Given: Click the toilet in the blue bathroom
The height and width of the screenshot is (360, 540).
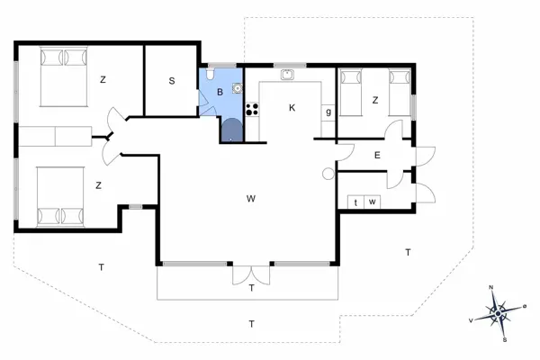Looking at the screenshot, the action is [x=210, y=74].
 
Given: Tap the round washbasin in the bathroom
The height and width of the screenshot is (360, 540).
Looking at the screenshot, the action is [x=237, y=88].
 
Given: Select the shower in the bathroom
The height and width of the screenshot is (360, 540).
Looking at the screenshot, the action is [x=232, y=130].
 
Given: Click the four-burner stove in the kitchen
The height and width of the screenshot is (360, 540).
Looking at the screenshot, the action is [x=252, y=109].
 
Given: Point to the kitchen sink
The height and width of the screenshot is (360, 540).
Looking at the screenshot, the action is [x=287, y=75].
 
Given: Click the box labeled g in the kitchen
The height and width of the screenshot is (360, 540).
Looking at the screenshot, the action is [x=328, y=112].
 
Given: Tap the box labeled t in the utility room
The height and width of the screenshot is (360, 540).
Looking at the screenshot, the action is [x=355, y=202].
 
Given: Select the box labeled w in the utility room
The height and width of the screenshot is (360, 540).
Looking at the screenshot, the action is [x=372, y=202].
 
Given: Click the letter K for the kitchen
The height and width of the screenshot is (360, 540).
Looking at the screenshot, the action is [x=292, y=108].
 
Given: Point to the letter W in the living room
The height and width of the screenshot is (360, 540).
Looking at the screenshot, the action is [x=251, y=198].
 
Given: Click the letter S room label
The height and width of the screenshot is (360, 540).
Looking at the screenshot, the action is [x=172, y=81].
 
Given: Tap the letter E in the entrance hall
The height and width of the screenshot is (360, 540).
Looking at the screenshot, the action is [x=377, y=155].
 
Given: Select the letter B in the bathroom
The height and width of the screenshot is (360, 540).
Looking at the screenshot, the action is [x=220, y=92].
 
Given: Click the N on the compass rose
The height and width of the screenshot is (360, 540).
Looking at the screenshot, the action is [x=491, y=287].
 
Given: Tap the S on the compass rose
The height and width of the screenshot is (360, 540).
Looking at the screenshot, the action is [x=505, y=340].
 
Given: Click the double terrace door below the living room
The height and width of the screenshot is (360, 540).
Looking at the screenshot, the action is [x=251, y=274].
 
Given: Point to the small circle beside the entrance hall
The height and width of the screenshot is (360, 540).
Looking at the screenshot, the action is [x=328, y=174].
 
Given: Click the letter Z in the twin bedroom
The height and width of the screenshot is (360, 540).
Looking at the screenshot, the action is [x=375, y=100].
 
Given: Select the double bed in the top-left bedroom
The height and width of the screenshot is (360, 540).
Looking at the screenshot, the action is [x=63, y=76].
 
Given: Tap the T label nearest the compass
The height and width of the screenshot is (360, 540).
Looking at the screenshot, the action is [x=408, y=253].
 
